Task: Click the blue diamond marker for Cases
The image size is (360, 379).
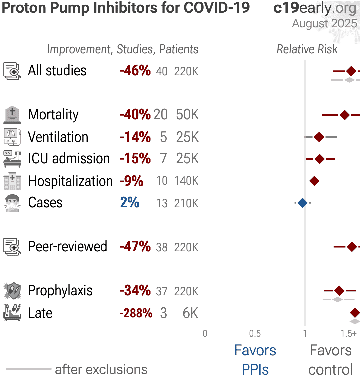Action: click(302, 203)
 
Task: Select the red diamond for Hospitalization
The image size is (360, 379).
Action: click(314, 181)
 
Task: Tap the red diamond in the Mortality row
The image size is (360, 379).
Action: click(345, 115)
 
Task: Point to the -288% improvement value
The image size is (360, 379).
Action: click(136, 313)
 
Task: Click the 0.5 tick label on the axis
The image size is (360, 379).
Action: click(255, 334)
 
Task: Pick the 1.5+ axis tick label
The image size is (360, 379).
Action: click(348, 334)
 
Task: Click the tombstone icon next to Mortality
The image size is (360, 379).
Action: click(12, 115)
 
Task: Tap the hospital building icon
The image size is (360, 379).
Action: click(12, 181)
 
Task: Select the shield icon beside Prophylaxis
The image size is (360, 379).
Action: click(13, 291)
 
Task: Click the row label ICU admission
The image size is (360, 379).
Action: click(69, 159)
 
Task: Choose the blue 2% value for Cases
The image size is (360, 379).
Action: click(130, 203)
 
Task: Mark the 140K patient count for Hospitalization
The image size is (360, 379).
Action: click(186, 181)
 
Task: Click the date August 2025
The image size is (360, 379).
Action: click(324, 23)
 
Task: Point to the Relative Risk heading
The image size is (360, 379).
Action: click(307, 49)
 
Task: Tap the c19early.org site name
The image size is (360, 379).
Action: click(315, 8)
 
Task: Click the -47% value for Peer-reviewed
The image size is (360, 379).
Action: click(135, 247)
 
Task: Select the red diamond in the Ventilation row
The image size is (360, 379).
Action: click(319, 137)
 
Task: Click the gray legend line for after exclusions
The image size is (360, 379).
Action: click(29, 369)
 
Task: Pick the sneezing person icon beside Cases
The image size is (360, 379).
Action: click(12, 203)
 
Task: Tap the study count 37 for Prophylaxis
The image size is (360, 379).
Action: click(162, 291)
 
